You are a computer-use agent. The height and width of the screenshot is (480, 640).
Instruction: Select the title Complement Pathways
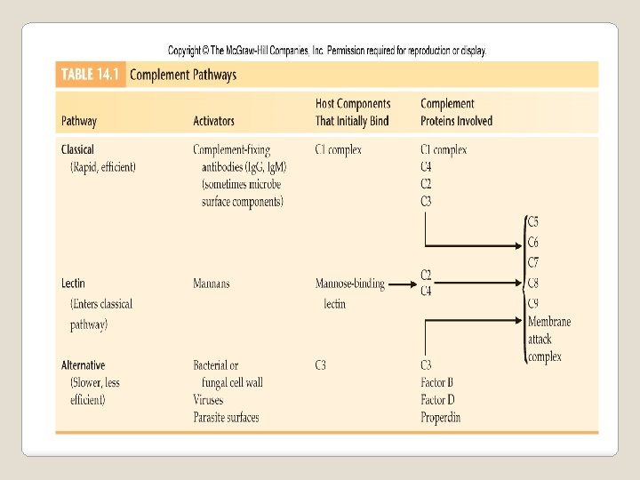tap(183, 75)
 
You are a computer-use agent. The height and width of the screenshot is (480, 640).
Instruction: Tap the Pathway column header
tap(79, 121)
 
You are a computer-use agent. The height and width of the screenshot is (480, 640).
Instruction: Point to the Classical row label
tap(77, 149)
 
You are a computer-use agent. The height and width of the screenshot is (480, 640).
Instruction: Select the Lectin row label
tap(74, 284)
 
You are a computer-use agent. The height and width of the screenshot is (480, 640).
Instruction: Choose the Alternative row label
tap(83, 365)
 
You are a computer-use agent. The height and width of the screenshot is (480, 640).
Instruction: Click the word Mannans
tap(212, 284)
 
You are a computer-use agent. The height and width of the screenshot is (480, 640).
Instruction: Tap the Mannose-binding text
tap(350, 284)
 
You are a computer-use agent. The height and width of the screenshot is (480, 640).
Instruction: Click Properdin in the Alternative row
tap(441, 418)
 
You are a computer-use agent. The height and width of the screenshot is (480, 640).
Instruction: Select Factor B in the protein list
tap(439, 383)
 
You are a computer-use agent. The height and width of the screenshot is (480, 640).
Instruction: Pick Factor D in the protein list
tap(439, 400)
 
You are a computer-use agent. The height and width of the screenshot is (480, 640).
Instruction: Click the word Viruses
tap(208, 400)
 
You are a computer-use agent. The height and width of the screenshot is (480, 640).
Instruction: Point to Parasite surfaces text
tap(226, 418)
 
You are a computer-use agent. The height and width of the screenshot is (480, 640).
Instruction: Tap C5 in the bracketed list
tap(533, 222)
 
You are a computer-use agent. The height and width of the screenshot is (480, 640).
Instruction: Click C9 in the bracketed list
tap(533, 304)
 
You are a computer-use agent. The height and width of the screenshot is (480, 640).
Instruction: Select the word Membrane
tap(549, 322)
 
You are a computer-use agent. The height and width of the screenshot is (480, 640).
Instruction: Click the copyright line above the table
tap(327, 51)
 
